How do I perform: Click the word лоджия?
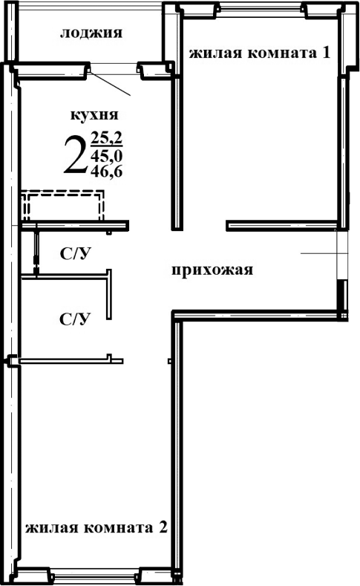pyautogui.click(x=91, y=33)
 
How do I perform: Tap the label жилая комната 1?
pyautogui.click(x=259, y=53)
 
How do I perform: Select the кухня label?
pyautogui.click(x=94, y=115)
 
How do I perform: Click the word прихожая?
pyautogui.click(x=212, y=270)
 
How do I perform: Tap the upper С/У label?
pyautogui.click(x=75, y=253)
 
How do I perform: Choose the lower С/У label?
pyautogui.click(x=75, y=319)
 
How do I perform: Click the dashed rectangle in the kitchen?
pyautogui.click(x=62, y=205)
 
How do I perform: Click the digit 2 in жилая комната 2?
pyautogui.click(x=163, y=529)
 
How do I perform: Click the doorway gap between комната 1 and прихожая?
pyautogui.click(x=203, y=224)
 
